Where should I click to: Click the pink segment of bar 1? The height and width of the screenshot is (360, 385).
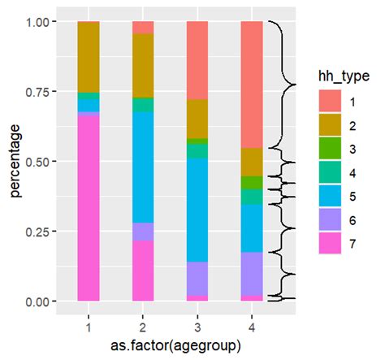(x=88, y=207)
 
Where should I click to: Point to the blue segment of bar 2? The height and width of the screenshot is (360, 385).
(x=143, y=167)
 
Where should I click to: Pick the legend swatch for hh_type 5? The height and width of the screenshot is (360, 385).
(x=328, y=196)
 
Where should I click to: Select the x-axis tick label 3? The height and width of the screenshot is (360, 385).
(x=197, y=325)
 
